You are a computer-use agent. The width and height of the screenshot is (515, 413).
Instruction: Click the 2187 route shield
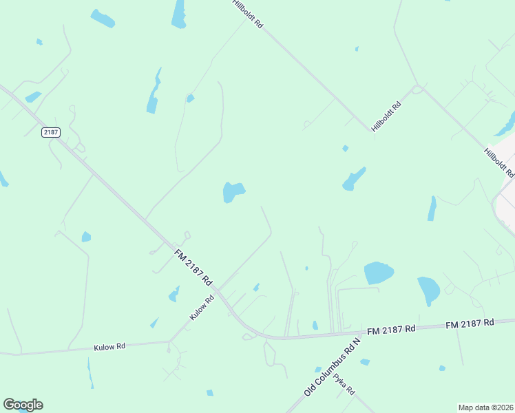(50, 132)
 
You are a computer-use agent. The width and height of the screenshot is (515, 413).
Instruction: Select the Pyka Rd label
(344, 383)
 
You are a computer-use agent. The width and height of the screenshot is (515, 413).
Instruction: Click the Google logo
(23, 405)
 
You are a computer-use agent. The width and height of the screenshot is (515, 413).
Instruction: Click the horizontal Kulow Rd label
(109, 347)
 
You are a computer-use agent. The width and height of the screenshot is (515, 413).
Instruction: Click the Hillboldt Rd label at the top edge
(248, 14)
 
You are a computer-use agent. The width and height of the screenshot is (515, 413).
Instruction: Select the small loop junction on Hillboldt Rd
(417, 89)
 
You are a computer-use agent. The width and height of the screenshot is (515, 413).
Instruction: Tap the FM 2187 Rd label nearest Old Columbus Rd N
(391, 329)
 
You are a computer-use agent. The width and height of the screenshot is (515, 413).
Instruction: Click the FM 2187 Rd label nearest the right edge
(470, 322)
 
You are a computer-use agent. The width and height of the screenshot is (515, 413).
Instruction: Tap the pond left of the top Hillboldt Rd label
(179, 14)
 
